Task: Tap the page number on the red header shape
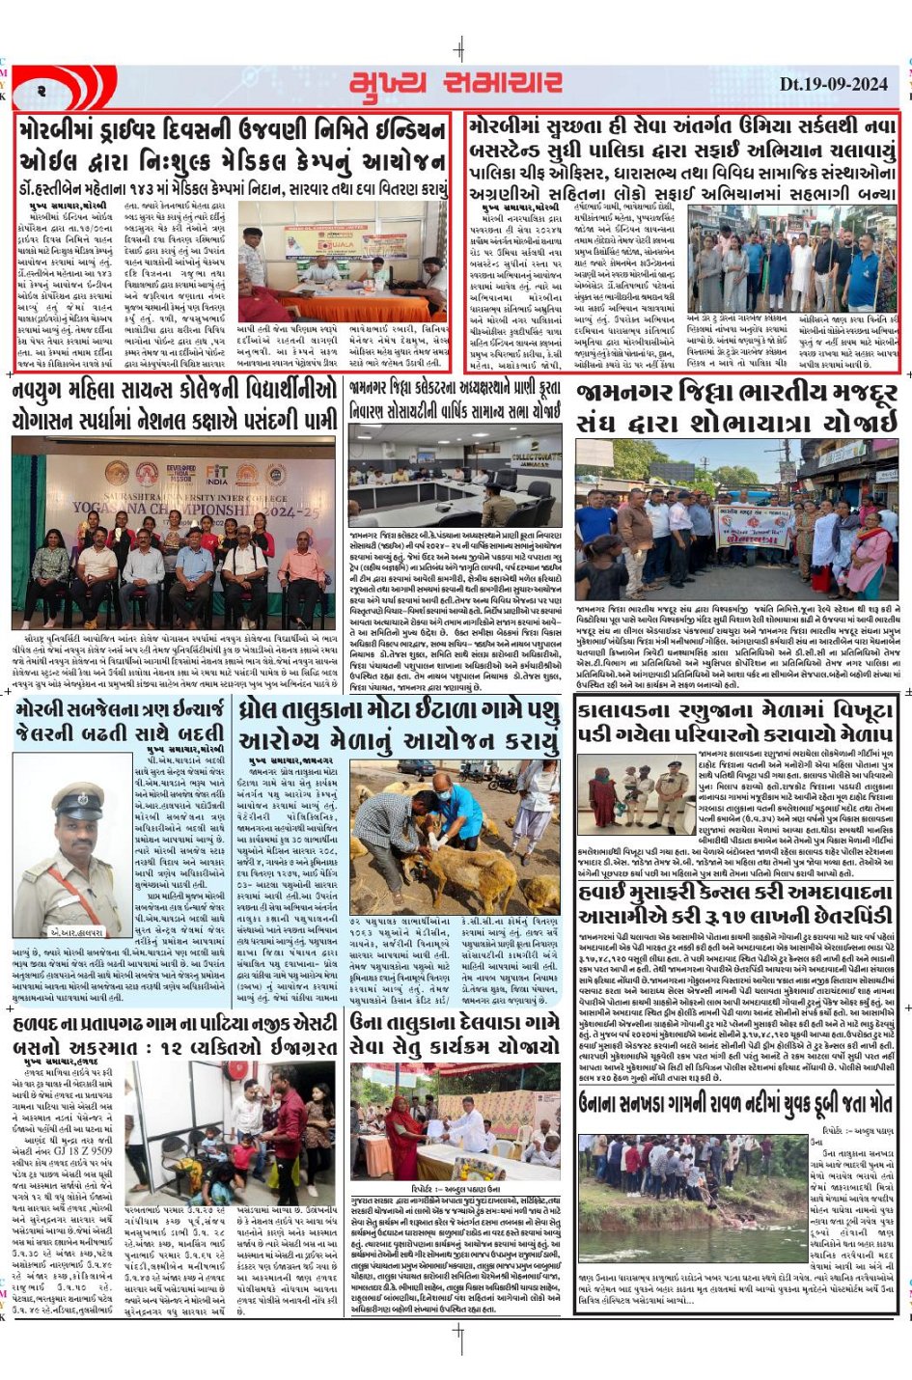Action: (x=42, y=90)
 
